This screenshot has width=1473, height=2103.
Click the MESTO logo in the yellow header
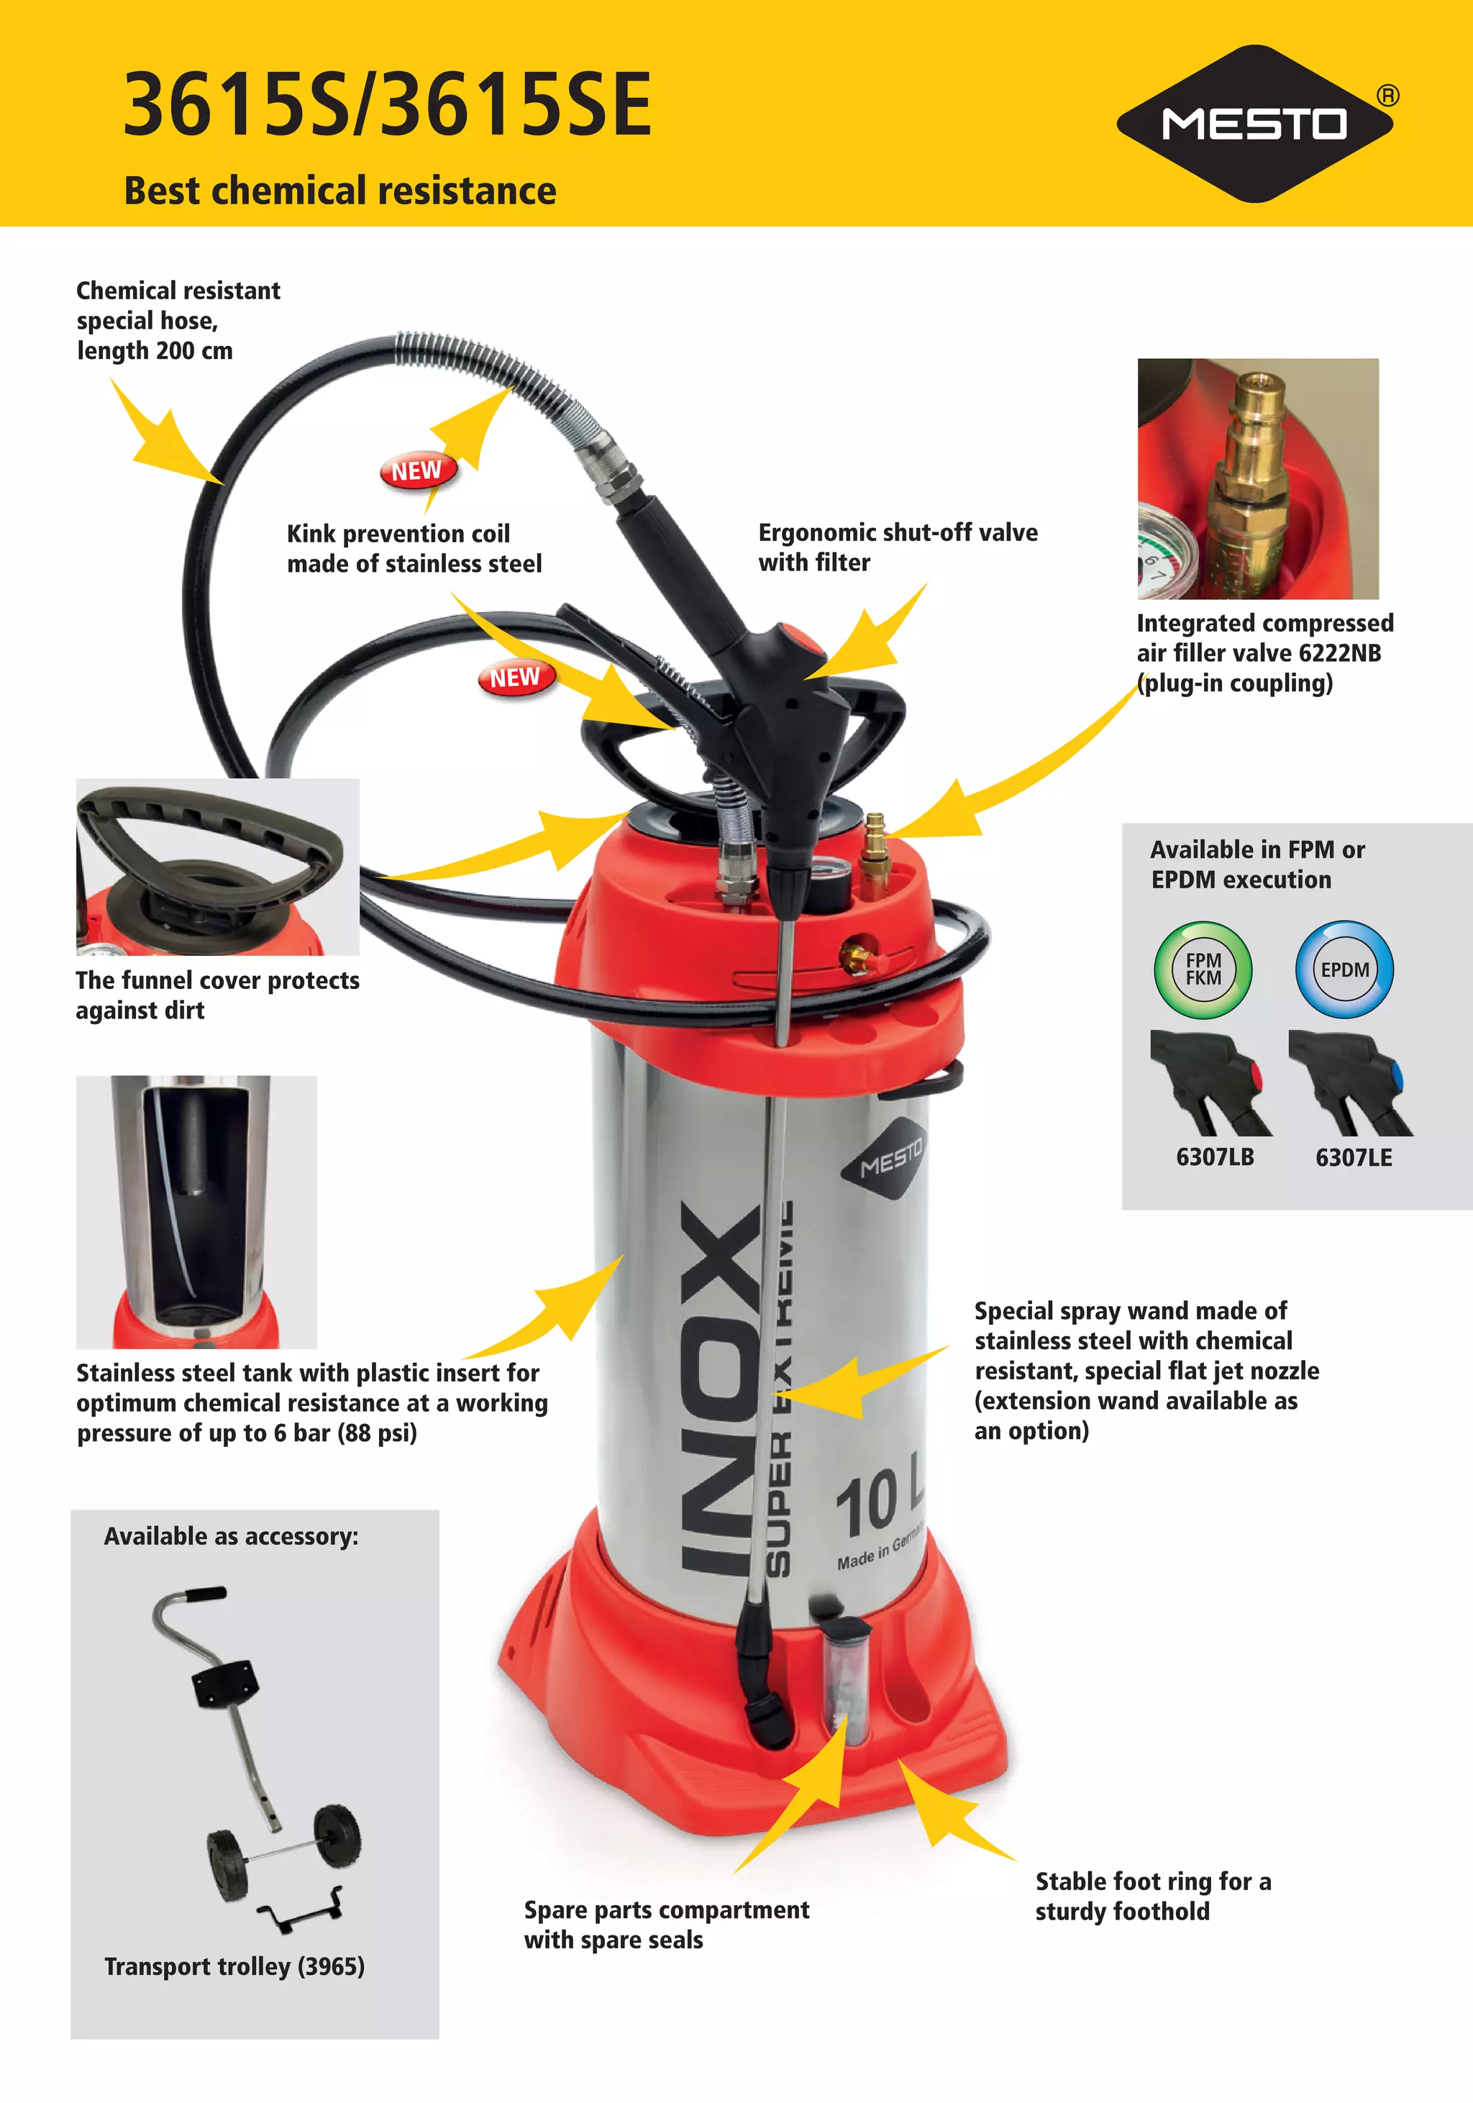pyautogui.click(x=1254, y=124)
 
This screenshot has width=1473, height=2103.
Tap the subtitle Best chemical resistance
pyautogui.click(x=340, y=191)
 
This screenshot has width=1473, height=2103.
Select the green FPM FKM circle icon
pyautogui.click(x=1203, y=969)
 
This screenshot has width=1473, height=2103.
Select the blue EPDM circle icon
pyautogui.click(x=1344, y=969)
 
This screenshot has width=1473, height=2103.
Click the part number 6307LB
pyautogui.click(x=1215, y=1157)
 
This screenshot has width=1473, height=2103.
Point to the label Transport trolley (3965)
pyautogui.click(x=234, y=1966)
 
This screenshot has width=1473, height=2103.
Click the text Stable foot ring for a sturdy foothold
pyautogui.click(x=1152, y=1896)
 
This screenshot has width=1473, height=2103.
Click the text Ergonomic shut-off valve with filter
pyautogui.click(x=897, y=547)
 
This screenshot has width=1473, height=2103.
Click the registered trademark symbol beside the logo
pyautogui.click(x=1388, y=95)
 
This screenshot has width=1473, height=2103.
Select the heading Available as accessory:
pyautogui.click(x=231, y=1536)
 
